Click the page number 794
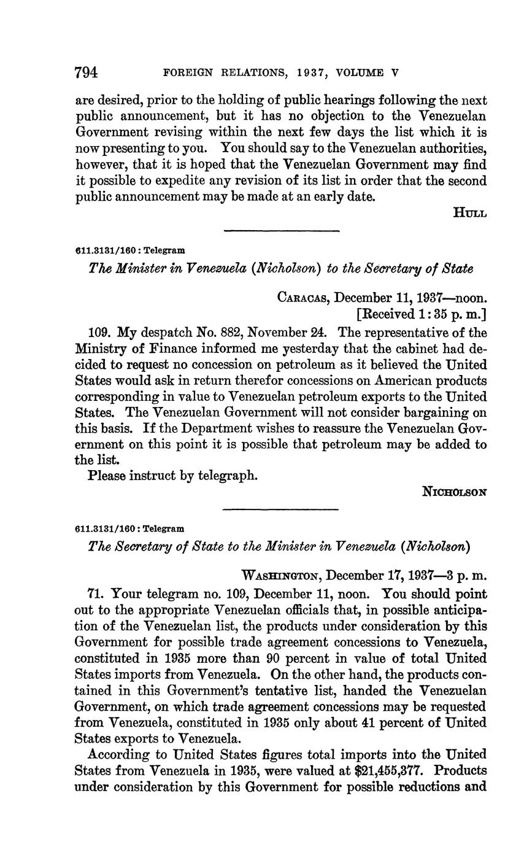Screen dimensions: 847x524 coord(86,72)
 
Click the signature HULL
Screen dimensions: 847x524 coord(470,213)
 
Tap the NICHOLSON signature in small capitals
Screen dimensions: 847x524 coord(455,492)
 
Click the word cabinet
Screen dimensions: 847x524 coord(394,349)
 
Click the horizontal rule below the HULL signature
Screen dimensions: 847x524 coord(282,231)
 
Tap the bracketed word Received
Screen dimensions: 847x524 coord(390,315)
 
